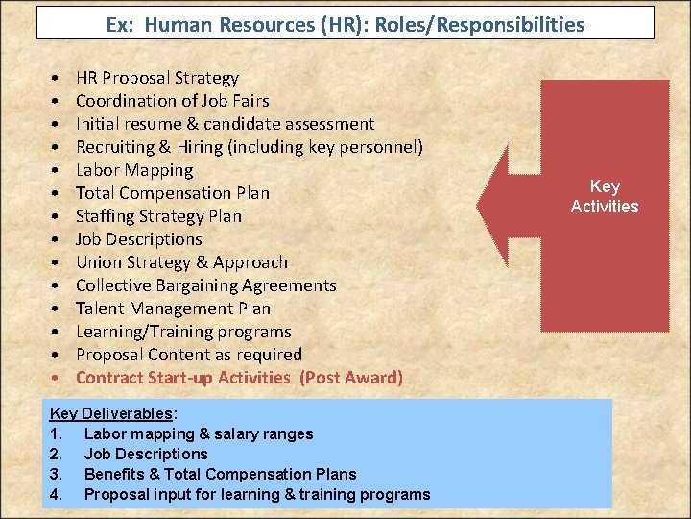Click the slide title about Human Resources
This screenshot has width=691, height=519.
pos(345,24)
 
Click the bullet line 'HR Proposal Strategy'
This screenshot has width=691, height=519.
pos(156,78)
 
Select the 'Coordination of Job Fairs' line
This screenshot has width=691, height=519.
pos(172,101)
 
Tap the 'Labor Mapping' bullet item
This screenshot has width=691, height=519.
pos(134,170)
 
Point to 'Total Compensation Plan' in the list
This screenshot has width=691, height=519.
pos(172,193)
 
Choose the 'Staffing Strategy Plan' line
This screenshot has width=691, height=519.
pos(158,216)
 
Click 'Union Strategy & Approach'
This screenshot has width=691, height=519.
pos(181,262)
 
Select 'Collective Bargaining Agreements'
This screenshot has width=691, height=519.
pos(205,285)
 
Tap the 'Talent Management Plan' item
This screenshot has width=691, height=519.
pos(173,309)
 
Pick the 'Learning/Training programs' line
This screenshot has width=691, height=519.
pos(183,332)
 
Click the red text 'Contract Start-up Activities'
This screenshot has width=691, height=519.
pos(182,378)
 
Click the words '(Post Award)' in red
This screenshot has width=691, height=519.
pos(351,378)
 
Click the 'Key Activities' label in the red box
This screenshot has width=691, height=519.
pos(604,196)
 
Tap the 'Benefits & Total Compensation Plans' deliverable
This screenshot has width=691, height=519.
pos(220,474)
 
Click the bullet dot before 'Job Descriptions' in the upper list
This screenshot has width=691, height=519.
pos(58,239)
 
